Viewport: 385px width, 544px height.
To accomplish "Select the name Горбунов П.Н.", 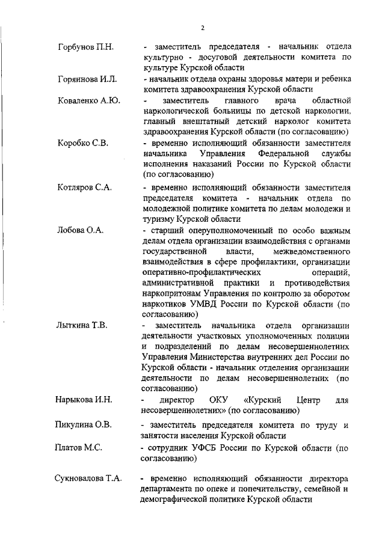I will point(87,47).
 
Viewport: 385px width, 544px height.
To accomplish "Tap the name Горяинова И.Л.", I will point(87,79).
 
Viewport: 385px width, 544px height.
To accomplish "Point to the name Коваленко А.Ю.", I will point(89,100).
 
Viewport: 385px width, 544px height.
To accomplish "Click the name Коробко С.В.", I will point(84,144).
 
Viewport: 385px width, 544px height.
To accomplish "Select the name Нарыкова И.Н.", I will point(87,400).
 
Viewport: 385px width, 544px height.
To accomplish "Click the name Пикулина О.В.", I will point(85,426).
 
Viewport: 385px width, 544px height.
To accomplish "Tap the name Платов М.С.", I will point(80,448).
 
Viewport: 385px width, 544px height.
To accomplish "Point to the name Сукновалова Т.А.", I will point(90,479).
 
